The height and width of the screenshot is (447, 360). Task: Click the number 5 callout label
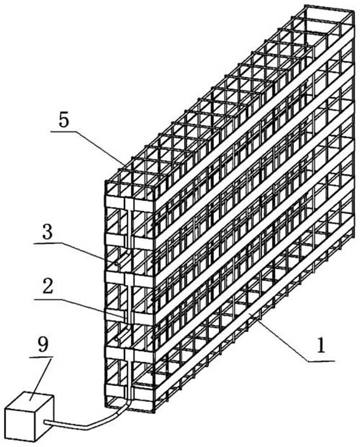(64, 120)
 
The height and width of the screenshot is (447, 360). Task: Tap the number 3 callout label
(48, 232)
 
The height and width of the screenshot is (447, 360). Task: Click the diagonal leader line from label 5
(101, 148)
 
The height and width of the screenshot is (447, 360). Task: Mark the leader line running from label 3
(83, 251)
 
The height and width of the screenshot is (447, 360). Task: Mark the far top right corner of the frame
(354, 11)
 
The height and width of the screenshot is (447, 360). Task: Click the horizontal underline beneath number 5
(64, 131)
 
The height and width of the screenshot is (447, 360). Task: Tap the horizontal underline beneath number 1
(321, 361)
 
